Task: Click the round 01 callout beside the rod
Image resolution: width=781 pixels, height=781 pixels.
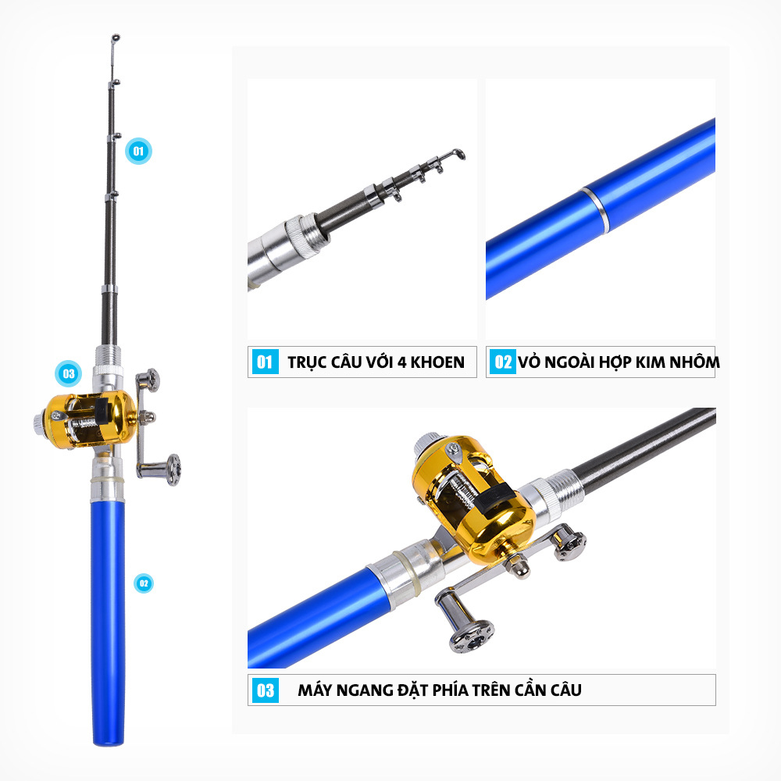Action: [x=138, y=151]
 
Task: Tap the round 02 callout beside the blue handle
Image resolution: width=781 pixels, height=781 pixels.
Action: [x=144, y=583]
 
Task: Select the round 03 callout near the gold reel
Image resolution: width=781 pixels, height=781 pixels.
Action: [x=68, y=373]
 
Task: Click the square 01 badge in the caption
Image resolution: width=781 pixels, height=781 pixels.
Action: [x=265, y=362]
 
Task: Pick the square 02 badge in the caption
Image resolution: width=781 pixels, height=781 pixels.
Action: [x=503, y=362]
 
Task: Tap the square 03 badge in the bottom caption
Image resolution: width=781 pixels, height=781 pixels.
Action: [x=265, y=690]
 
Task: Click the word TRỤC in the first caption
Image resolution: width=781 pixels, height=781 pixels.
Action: [x=307, y=362]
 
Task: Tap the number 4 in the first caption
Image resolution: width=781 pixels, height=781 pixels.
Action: [x=402, y=362]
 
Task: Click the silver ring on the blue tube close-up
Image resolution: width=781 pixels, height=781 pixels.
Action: [x=594, y=210]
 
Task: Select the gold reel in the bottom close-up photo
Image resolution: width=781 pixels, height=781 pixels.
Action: [x=473, y=499]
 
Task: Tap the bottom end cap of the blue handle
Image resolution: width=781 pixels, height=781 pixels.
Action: [x=108, y=742]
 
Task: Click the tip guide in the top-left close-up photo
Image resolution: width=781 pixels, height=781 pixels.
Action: [x=455, y=154]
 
